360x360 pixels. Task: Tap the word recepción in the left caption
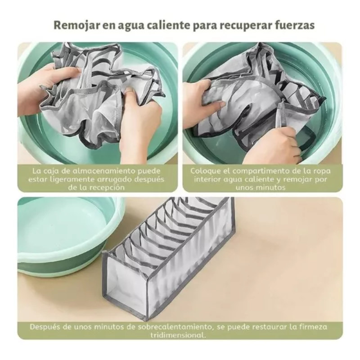coord(102,188)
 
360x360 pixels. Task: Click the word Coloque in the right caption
coord(205,171)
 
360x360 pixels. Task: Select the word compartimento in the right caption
coord(256,171)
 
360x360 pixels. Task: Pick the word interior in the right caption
coord(208,180)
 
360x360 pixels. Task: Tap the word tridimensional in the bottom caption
coord(180,335)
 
